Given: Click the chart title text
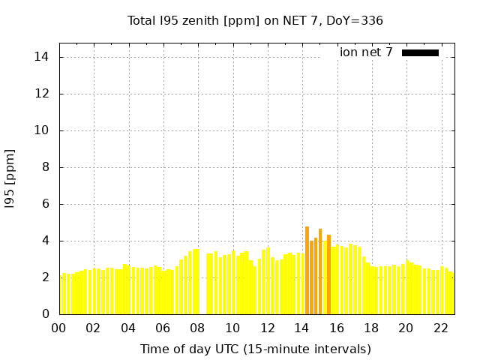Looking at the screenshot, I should click(255, 20).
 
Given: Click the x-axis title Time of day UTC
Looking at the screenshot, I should click(255, 349).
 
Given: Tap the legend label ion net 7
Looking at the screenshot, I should click(366, 52).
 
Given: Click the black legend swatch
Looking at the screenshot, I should click(420, 52).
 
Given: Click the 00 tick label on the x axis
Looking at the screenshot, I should click(59, 328).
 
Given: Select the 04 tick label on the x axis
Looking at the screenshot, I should click(128, 328).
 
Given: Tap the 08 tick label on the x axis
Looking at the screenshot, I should click(197, 328).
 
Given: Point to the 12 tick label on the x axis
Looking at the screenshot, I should click(267, 328).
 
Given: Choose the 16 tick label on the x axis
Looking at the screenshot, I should click(336, 328).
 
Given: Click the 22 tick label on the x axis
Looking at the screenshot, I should click(440, 328).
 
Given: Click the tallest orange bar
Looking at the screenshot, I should click(307, 270).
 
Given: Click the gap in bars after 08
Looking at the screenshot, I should click(202, 292).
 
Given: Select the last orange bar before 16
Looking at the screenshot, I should click(328, 274).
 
